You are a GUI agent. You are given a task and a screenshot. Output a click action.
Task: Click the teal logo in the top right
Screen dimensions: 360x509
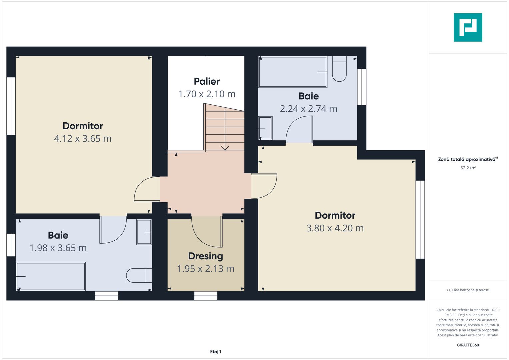pyautogui.click(x=468, y=27)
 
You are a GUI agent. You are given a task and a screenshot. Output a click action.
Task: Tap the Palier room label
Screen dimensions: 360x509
pyautogui.click(x=207, y=81)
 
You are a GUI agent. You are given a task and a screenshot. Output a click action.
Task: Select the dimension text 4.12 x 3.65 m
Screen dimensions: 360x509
pyautogui.click(x=83, y=139)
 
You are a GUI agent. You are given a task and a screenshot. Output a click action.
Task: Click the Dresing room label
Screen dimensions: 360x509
pyautogui.click(x=205, y=256)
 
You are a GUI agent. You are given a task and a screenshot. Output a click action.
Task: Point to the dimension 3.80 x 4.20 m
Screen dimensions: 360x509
pyautogui.click(x=335, y=228)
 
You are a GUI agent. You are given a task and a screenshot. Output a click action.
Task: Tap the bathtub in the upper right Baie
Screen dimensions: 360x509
pyautogui.click(x=293, y=72)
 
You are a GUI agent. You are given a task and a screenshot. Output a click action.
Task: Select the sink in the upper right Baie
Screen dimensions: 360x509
pyautogui.click(x=265, y=128)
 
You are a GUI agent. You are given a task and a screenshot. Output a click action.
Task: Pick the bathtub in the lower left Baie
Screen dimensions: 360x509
pyautogui.click(x=51, y=276)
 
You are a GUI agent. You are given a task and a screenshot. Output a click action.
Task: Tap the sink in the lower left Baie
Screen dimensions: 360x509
pyautogui.click(x=144, y=232)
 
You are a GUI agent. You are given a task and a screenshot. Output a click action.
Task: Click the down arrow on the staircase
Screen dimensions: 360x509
pyautogui.click(x=225, y=147)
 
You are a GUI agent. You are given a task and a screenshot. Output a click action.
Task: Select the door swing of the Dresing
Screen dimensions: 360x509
pyautogui.click(x=207, y=232)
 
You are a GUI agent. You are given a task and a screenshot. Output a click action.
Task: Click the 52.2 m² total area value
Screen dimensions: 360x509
pyautogui.click(x=468, y=168)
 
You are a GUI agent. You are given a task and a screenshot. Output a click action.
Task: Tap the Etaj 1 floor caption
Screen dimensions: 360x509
pyautogui.click(x=216, y=352)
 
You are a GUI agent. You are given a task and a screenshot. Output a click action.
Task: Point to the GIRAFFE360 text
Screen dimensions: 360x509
pyautogui.click(x=468, y=345)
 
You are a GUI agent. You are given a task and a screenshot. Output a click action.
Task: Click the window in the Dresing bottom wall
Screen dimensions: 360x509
pyautogui.click(x=206, y=296)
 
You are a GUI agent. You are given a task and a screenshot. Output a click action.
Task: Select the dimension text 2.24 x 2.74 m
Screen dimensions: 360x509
pyautogui.click(x=308, y=109)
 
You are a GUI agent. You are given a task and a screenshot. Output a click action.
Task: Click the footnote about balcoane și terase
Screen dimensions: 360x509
pyautogui.click(x=468, y=290)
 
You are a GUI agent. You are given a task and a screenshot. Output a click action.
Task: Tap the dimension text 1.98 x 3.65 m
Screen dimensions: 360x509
pyautogui.click(x=58, y=248)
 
